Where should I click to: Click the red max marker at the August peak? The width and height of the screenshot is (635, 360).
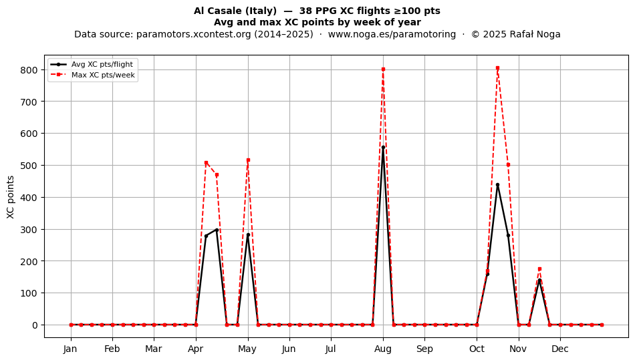tap(383, 69)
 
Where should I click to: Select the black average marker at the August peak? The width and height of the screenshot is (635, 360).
tap(383, 147)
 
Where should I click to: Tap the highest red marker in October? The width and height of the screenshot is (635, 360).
tap(498, 68)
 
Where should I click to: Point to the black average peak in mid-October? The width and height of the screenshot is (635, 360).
tap(498, 185)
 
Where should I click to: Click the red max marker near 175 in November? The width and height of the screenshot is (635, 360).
tap(539, 269)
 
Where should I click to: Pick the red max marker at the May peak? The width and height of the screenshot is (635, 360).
tap(248, 160)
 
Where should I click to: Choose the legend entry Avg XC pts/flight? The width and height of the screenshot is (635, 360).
tap(102, 64)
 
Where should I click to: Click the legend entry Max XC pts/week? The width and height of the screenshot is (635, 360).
tap(103, 75)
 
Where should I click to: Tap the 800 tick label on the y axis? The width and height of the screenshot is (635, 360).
tap(29, 70)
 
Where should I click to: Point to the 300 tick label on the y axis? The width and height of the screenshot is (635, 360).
tap(29, 229)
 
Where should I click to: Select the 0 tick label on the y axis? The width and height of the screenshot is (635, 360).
tap(35, 325)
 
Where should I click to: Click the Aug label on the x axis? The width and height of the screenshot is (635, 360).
tap(383, 349)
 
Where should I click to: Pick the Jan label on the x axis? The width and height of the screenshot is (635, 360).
tap(70, 349)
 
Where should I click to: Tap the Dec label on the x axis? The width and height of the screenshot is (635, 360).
tap(561, 349)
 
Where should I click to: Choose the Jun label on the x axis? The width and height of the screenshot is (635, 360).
tap(289, 349)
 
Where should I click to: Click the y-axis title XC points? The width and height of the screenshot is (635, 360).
tap(11, 197)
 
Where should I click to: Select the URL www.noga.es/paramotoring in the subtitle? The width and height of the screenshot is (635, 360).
tap(392, 34)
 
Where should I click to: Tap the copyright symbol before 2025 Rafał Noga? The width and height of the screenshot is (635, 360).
tap(475, 34)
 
